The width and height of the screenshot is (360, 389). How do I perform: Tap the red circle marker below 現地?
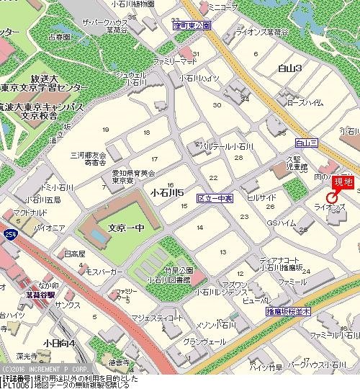tap(333, 197)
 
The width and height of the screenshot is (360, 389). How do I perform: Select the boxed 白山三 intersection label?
tap(306, 143)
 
